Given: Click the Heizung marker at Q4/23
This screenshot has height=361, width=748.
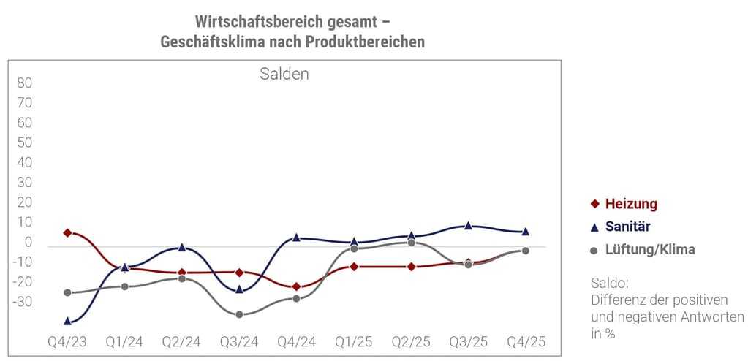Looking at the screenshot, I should [67, 232].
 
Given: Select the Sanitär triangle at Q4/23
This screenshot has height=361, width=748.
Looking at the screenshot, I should [67, 321].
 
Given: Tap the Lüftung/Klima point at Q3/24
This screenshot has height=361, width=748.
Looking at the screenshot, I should [239, 314].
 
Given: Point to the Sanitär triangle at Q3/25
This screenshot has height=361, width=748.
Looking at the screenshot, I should [469, 226].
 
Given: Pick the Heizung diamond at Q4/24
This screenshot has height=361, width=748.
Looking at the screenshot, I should [296, 286].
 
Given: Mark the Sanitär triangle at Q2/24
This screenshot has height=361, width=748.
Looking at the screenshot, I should [181, 248].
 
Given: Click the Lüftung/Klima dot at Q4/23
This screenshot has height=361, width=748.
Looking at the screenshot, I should [67, 292].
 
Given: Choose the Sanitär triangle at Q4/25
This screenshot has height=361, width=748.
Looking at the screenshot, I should [525, 231].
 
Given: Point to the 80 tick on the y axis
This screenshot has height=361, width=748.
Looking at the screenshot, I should [25, 83].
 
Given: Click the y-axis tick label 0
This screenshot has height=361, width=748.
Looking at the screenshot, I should [29, 243].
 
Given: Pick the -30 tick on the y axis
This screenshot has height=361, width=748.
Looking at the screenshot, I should [23, 302].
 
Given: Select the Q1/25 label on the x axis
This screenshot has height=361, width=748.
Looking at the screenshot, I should [353, 342].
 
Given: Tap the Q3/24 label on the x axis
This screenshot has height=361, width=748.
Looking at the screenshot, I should [239, 342].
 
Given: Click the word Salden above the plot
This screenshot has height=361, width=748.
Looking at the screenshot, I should [284, 74].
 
